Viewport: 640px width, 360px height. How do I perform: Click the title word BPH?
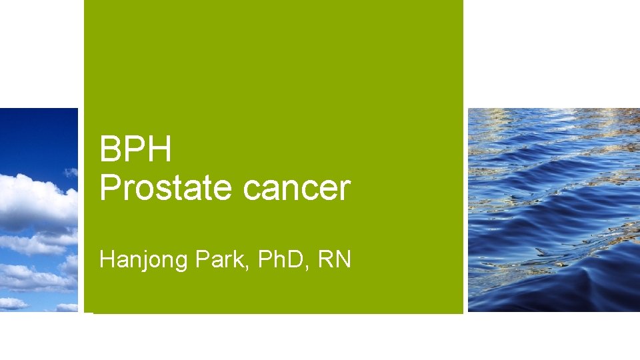point(135,149)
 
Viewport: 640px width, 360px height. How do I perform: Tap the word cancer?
point(296,189)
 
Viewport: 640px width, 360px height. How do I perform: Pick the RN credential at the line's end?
point(335,259)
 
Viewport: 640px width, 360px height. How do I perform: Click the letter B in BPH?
point(109,149)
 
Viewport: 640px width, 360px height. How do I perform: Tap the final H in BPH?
point(160,149)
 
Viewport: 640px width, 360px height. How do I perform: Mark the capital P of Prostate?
point(109,188)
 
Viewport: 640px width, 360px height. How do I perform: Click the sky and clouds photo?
point(39,209)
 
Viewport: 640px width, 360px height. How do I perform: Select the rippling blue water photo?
point(553,209)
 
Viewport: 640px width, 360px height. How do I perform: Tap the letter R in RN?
point(326,259)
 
